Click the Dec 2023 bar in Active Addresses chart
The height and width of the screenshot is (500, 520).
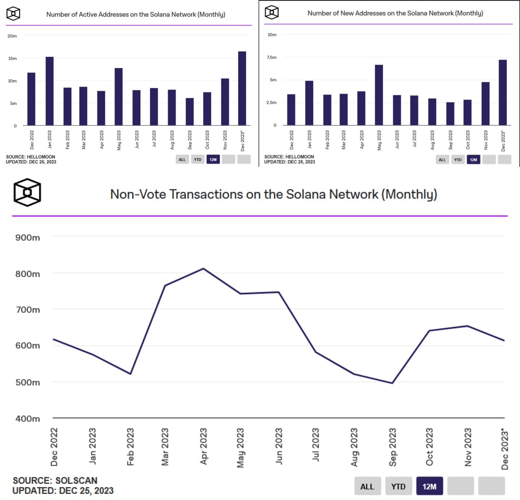[x=242, y=88]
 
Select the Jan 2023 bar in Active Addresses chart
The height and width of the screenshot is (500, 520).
[x=50, y=91]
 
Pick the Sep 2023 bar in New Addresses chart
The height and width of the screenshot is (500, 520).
[x=450, y=114]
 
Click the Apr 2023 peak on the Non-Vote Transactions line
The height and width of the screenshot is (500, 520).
[x=203, y=269]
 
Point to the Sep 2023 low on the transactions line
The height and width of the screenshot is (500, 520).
[x=392, y=383]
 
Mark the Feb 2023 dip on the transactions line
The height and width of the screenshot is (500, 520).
[x=130, y=373]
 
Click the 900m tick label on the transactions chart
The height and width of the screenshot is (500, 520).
[x=28, y=238]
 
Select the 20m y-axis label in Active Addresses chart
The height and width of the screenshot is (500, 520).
[x=12, y=36]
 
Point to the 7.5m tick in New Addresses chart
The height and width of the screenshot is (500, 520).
[x=271, y=57]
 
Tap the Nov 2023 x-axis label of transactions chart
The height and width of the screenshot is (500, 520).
[x=468, y=447]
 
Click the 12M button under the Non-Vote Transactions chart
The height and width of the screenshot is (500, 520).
[x=429, y=487]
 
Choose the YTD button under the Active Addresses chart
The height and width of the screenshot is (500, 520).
[x=197, y=159]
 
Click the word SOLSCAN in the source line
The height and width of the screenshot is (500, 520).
[x=76, y=480]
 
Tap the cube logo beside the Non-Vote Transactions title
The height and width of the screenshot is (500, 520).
[x=27, y=192]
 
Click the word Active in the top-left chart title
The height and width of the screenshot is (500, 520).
[x=88, y=15]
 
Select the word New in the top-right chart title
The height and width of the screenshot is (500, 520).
[x=347, y=13]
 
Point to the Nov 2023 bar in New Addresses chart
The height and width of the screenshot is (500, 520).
[x=485, y=103]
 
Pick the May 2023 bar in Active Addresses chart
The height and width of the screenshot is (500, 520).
[x=119, y=96]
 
